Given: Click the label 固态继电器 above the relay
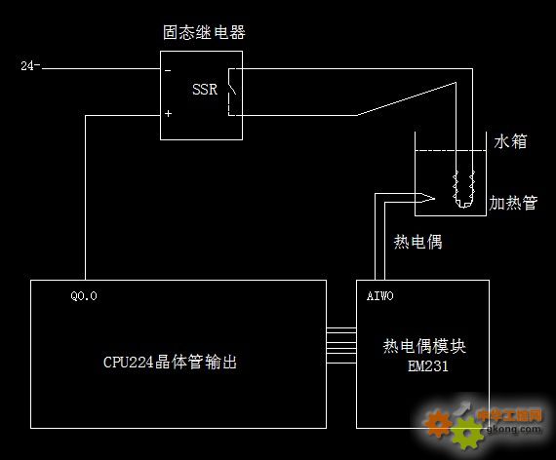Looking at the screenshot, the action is (204, 32).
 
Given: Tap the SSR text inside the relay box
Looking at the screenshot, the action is (205, 90).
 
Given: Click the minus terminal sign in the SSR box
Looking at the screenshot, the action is (168, 71).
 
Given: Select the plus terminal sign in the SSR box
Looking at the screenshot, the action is (168, 113).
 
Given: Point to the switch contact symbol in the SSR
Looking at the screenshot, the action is (232, 92).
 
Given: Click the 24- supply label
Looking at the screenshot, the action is (30, 65).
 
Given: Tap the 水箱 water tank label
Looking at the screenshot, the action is (510, 141).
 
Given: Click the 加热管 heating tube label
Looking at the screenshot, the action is (513, 203).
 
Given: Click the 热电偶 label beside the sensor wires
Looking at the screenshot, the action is (418, 242).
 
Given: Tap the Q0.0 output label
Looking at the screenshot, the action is (84, 296).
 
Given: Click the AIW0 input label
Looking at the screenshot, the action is (380, 296).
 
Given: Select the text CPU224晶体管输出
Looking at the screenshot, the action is (170, 363).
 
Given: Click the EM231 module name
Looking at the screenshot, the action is (428, 366).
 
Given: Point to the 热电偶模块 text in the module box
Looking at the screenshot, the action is (424, 346).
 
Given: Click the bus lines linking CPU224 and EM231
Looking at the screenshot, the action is (341, 346).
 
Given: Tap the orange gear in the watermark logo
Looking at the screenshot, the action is (438, 422).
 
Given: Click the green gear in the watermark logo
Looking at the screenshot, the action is (467, 433).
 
